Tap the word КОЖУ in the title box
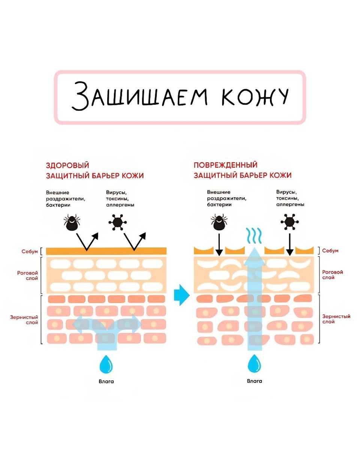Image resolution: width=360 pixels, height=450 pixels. click(x=255, y=97)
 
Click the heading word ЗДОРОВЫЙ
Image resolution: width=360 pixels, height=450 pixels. click(x=67, y=165)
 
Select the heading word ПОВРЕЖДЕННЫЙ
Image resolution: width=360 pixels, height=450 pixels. click(x=225, y=165)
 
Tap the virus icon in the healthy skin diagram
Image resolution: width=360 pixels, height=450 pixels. click(x=118, y=222)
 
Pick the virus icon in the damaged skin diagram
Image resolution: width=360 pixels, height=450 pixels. click(x=289, y=222)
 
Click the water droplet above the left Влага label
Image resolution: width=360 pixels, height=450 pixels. click(x=106, y=363)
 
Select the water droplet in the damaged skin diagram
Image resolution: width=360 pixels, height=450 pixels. click(x=255, y=363)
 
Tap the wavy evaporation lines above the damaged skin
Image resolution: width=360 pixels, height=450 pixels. click(x=255, y=235)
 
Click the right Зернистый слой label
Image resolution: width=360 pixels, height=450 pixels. click(x=336, y=319)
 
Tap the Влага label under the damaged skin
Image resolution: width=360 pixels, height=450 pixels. click(x=255, y=381)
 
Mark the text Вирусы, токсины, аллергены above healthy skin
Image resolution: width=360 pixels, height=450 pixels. click(x=120, y=199)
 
